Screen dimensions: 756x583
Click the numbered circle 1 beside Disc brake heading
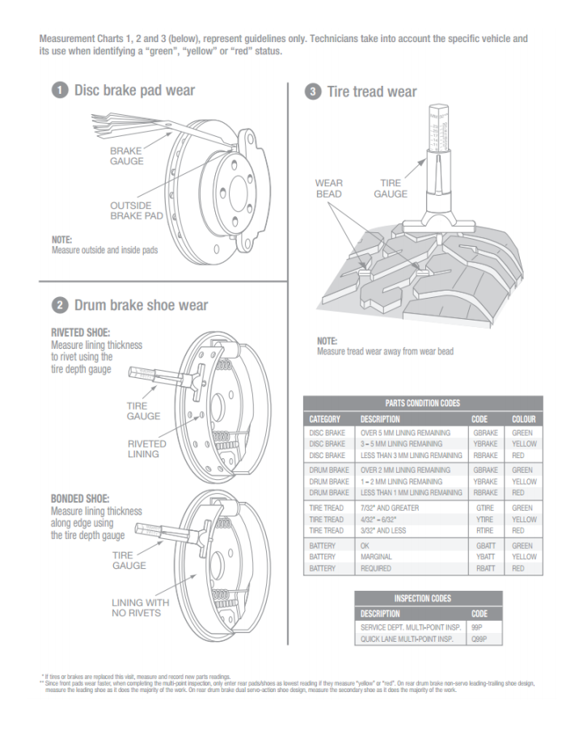click(59, 91)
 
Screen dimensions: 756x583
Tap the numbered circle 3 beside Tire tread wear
click(313, 91)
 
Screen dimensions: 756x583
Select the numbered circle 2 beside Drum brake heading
click(59, 305)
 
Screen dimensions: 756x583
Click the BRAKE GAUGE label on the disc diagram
click(127, 155)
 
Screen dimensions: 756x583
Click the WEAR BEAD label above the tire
click(329, 189)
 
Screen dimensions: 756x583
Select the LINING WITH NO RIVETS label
click(141, 607)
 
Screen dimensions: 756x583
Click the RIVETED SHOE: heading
click(80, 332)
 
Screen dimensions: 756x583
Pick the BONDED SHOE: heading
click(80, 499)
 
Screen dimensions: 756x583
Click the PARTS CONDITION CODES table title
click(423, 403)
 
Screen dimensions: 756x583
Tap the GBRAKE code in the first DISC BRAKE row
click(485, 433)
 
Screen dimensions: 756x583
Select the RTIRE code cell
click(484, 530)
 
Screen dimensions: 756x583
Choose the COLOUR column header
click(523, 419)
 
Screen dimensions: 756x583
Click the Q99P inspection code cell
click(479, 639)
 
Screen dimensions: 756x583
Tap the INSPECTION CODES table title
click(428, 598)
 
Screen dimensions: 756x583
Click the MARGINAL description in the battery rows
click(376, 557)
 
